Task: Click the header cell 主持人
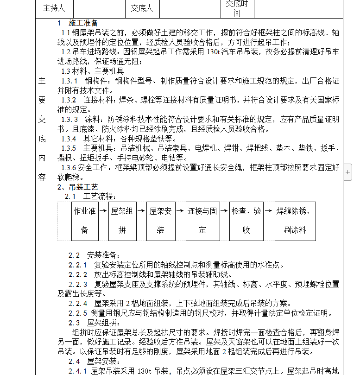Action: tap(54, 8)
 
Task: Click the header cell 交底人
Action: tap(141, 8)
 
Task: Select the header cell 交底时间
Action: tap(237, 8)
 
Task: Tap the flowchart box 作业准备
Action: tap(84, 221)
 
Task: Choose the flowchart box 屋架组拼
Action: tap(122, 221)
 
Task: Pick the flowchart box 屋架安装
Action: tap(160, 221)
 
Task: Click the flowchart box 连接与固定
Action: tap(202, 221)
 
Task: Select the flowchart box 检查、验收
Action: tap(246, 221)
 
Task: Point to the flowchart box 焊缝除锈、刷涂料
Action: tap(295, 221)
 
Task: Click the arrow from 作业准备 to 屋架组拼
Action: tap(103, 210)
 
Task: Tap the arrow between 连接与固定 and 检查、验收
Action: tap(224, 210)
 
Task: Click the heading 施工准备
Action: tap(83, 23)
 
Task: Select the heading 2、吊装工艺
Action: tap(78, 187)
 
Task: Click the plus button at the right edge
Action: tap(348, 172)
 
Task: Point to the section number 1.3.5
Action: tap(69, 148)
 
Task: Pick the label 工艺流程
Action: tap(100, 197)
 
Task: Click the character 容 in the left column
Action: tap(42, 177)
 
